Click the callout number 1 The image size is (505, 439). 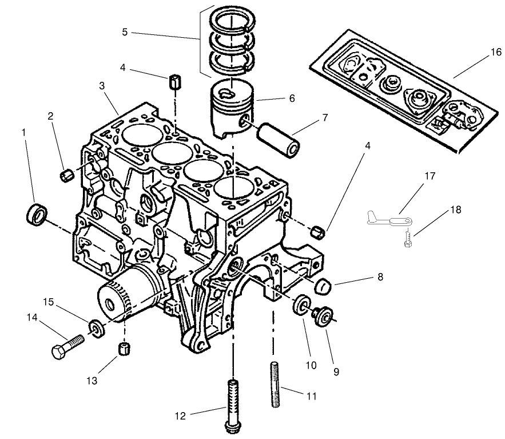pyautogui.click(x=23, y=132)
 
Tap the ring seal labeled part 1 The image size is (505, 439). pyautogui.click(x=38, y=213)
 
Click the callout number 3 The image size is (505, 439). pyautogui.click(x=102, y=86)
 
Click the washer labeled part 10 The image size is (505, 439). pyautogui.click(x=301, y=306)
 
